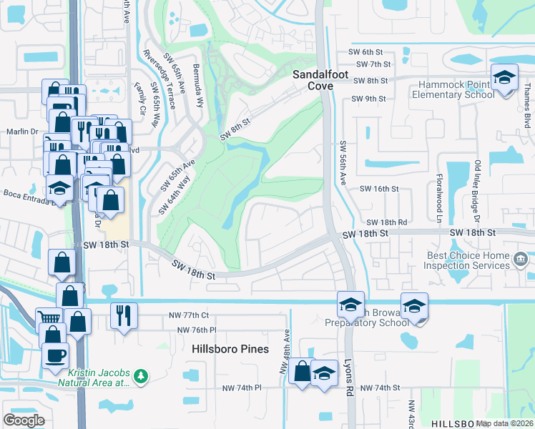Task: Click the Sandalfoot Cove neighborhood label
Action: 312,79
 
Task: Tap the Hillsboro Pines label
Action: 230,349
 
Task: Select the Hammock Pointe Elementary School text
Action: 451,89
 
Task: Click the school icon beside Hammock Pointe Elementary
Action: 504,77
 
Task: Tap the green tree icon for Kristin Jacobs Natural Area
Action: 141,375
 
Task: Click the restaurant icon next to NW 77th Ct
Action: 124,315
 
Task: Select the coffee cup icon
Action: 55,355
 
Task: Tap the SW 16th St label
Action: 378,189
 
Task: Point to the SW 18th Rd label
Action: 386,223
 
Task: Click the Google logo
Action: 24,420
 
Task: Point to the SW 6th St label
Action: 368,52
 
